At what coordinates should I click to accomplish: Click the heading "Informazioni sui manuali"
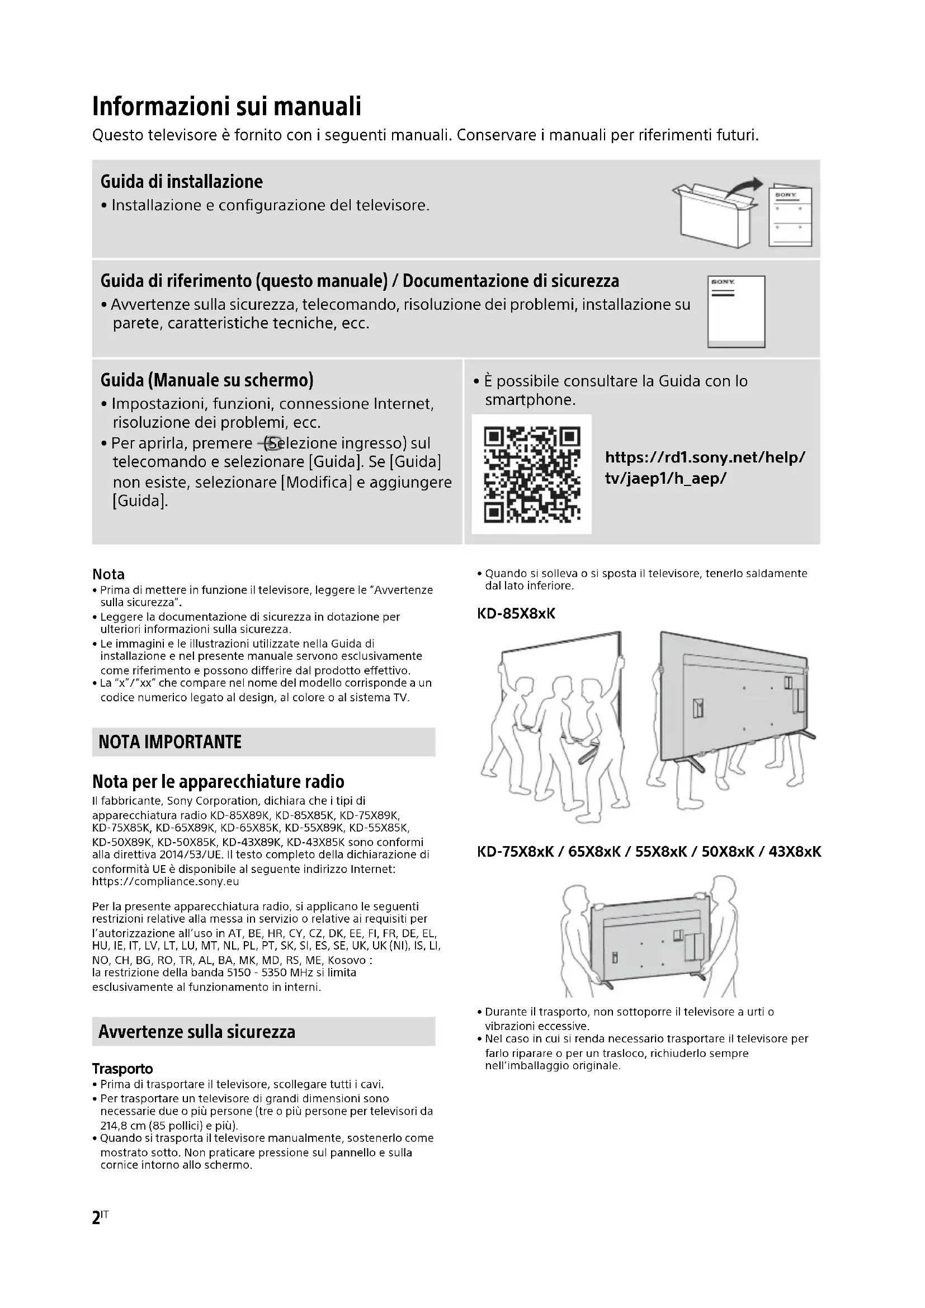pyautogui.click(x=226, y=107)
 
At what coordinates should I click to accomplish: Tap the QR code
pyautogui.click(x=531, y=475)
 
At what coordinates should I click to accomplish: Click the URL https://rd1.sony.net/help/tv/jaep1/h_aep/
pyautogui.click(x=705, y=468)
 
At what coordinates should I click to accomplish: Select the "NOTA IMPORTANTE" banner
pyautogui.click(x=263, y=742)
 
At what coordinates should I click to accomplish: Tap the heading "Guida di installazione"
pyautogui.click(x=182, y=182)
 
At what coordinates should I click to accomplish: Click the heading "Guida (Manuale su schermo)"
pyautogui.click(x=207, y=380)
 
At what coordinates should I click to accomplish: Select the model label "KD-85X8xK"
pyautogui.click(x=516, y=613)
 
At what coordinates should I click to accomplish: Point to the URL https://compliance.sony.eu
pyautogui.click(x=166, y=882)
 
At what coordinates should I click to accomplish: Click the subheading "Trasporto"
pyautogui.click(x=122, y=1069)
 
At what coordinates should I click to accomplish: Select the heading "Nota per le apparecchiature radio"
pyautogui.click(x=218, y=781)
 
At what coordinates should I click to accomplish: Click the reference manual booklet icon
pyautogui.click(x=736, y=311)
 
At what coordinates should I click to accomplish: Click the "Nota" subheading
pyautogui.click(x=108, y=574)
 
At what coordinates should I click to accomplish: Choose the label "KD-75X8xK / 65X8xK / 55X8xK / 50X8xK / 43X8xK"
pyautogui.click(x=649, y=852)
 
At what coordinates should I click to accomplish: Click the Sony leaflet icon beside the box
pyautogui.click(x=790, y=218)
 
